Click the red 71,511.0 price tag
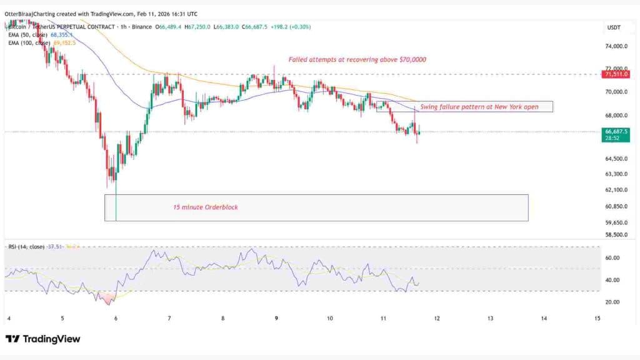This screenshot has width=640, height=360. pos(617,74)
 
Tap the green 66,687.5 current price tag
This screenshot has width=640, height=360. pos(617,132)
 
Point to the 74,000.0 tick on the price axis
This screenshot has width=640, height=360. pos(616,46)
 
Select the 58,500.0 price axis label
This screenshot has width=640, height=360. pos(616,235)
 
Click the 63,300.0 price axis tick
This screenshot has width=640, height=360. pos(616,174)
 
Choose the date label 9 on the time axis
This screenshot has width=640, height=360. pos(276,318)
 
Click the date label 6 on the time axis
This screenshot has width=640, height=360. pos(116,318)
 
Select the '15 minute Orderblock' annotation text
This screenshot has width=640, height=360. pos(205,207)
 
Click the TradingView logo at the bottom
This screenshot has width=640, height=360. pos(43,339)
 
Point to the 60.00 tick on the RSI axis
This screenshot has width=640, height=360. pos(612,257)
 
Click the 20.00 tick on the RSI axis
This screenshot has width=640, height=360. pos(612,302)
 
